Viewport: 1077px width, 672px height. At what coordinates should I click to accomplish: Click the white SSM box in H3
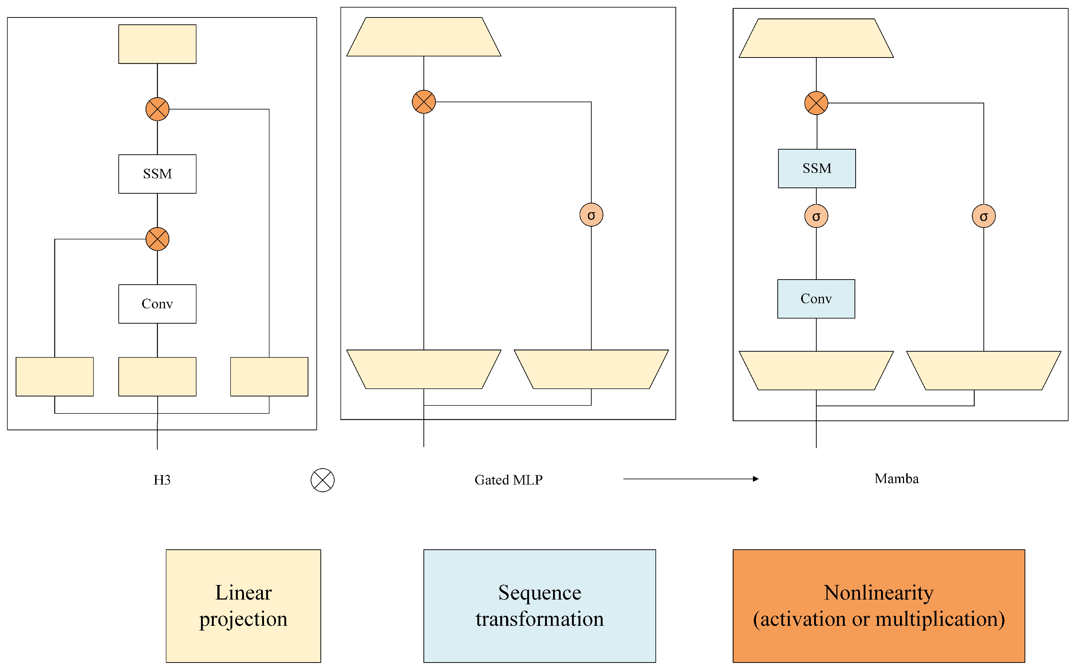pyautogui.click(x=157, y=174)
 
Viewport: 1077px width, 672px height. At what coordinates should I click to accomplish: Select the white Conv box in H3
pyautogui.click(x=157, y=304)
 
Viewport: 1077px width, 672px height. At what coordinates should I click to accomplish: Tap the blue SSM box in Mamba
pyautogui.click(x=817, y=169)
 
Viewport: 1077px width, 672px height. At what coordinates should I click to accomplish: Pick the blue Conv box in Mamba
pyautogui.click(x=816, y=299)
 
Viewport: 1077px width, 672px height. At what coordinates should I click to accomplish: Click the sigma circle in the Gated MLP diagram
pyautogui.click(x=591, y=215)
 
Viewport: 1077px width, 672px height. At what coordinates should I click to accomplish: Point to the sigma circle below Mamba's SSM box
pyautogui.click(x=816, y=217)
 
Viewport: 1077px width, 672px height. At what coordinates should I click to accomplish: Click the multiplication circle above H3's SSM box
pyautogui.click(x=157, y=109)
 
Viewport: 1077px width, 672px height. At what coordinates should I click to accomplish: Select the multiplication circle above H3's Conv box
pyautogui.click(x=157, y=239)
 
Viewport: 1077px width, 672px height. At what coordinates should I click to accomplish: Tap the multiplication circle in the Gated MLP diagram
pyautogui.click(x=423, y=102)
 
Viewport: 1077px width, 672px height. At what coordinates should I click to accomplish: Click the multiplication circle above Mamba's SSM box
pyautogui.click(x=816, y=103)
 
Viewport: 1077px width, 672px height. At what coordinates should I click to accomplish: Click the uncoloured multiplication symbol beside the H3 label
pyautogui.click(x=322, y=480)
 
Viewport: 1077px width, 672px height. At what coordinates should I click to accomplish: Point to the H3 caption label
pyautogui.click(x=162, y=480)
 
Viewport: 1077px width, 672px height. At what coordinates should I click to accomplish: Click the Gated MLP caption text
pyautogui.click(x=509, y=480)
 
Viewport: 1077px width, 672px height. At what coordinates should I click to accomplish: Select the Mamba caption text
pyautogui.click(x=896, y=479)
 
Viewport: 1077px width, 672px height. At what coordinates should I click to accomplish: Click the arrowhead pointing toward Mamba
pyautogui.click(x=756, y=479)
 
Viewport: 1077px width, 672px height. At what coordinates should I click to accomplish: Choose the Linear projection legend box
pyautogui.click(x=243, y=606)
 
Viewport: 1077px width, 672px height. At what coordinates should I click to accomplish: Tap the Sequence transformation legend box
pyautogui.click(x=539, y=606)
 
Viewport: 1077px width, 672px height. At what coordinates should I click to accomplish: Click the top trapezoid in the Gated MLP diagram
pyautogui.click(x=423, y=37)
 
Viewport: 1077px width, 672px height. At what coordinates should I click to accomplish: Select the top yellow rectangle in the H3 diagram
pyautogui.click(x=157, y=44)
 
